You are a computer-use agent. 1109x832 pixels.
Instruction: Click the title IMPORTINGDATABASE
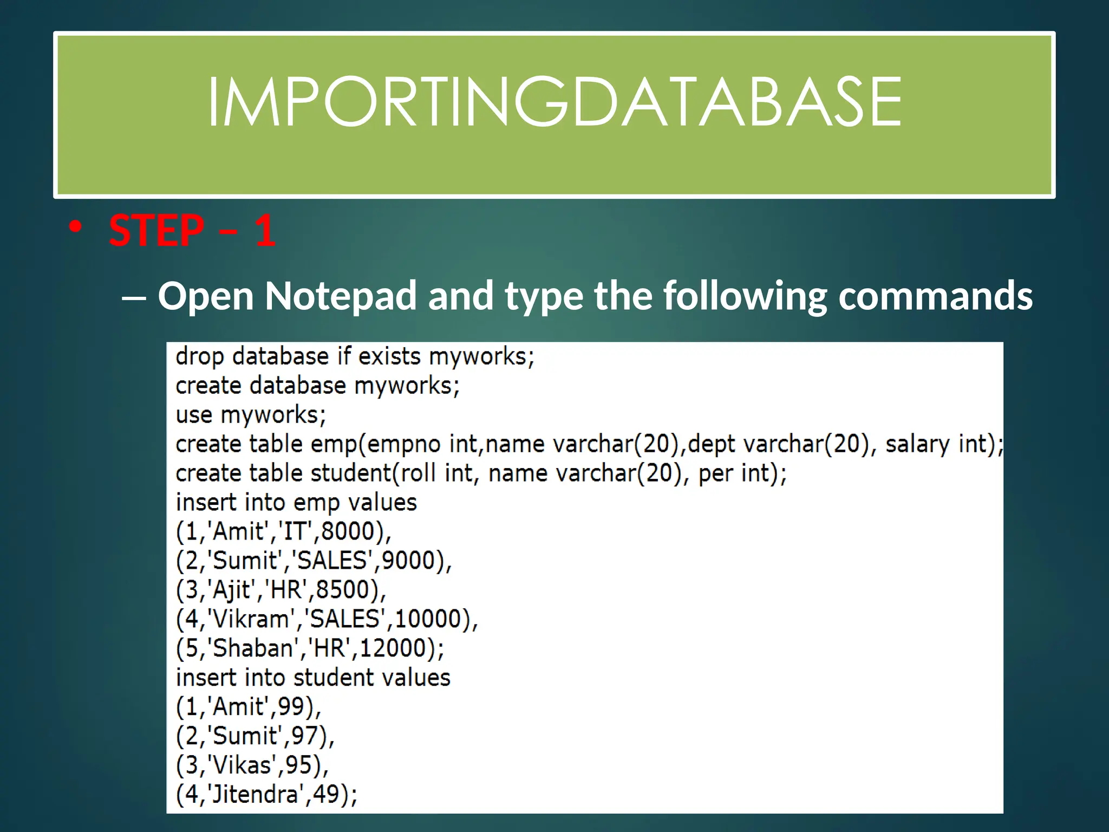pos(554,102)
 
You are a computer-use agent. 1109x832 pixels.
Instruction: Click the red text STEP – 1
pos(192,231)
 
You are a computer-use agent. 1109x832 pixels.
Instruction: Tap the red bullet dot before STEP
pos(75,227)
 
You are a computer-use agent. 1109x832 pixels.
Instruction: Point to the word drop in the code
pos(199,357)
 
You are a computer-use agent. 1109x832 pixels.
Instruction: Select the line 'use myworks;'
pos(251,415)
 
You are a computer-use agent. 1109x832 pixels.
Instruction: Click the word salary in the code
pos(917,445)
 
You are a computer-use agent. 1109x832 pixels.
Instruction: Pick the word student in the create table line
pos(351,474)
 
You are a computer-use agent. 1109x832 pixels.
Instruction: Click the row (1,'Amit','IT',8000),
pos(283,532)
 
